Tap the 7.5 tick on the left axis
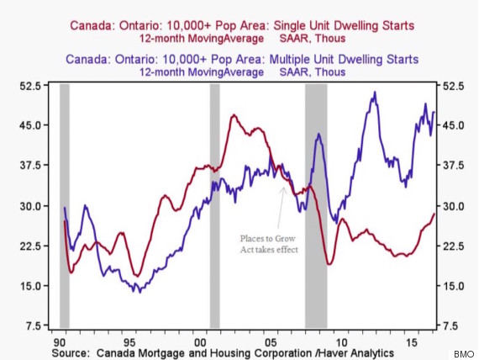(x=33, y=326)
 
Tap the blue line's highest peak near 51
(x=374, y=93)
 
